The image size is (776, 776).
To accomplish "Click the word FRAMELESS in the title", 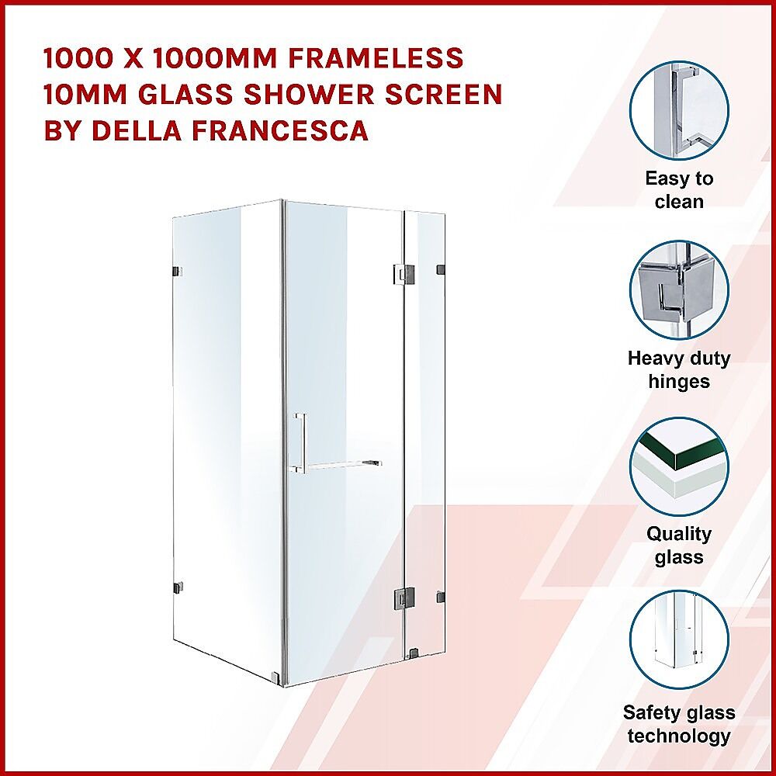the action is (376, 58).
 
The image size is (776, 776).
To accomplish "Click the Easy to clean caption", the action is (679, 190).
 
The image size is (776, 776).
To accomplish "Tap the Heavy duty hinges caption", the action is (679, 369).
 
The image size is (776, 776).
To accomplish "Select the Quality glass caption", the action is (679, 546).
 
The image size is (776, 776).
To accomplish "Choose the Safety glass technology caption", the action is (679, 725).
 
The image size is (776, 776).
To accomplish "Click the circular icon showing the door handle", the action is (679, 110).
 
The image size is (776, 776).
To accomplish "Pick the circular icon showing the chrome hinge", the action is (679, 290).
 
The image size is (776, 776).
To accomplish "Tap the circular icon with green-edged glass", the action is (679, 466).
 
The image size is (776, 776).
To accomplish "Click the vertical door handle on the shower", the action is (300, 442).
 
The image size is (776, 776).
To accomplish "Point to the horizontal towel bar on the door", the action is (341, 464).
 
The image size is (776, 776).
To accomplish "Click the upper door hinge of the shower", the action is (404, 274).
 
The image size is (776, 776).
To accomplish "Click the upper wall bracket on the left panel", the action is (177, 272).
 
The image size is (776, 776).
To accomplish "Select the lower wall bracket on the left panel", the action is (177, 587).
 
